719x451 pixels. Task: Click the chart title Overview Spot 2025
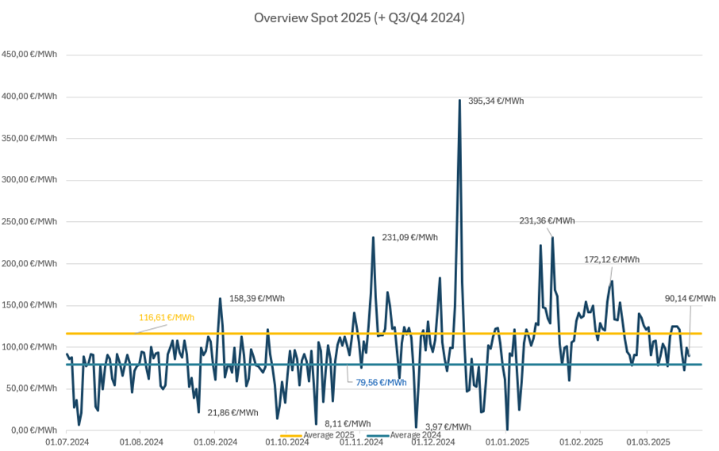[359, 18]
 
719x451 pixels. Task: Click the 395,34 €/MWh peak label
[496, 101]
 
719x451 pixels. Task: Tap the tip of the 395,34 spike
[459, 100]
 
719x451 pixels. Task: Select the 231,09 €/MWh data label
[410, 238]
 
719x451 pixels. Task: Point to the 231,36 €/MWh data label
[547, 220]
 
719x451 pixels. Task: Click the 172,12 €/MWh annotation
[612, 260]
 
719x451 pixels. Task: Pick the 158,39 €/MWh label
[257, 299]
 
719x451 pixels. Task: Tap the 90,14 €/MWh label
[690, 299]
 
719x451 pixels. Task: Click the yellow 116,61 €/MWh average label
[167, 318]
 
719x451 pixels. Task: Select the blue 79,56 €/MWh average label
[381, 383]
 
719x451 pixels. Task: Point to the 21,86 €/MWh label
[233, 413]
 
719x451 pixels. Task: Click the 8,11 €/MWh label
[348, 424]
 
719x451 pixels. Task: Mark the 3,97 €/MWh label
[448, 427]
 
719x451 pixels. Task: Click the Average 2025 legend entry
[317, 435]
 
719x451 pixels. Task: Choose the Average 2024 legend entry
[404, 435]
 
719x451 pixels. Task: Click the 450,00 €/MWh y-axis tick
[29, 55]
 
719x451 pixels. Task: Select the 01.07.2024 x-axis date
[67, 442]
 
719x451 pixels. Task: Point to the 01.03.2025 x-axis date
[648, 442]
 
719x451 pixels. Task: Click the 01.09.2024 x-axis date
[215, 442]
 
